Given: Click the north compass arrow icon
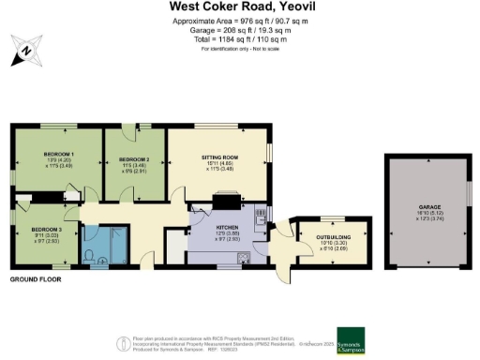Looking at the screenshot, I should tap(24, 49).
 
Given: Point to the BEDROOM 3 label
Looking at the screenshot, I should tap(47, 230).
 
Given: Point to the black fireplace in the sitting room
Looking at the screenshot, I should tap(227, 199).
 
